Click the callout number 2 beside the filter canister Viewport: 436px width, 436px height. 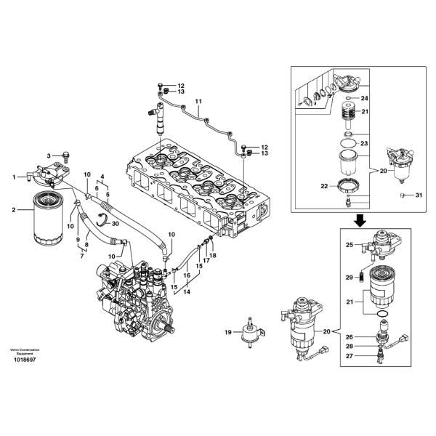pyautogui.click(x=13, y=210)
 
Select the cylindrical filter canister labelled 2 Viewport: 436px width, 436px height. pyautogui.click(x=52, y=215)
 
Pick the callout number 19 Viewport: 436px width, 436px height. pyautogui.click(x=227, y=332)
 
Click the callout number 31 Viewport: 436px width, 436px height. pyautogui.click(x=419, y=195)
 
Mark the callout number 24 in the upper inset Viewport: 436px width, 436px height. pyautogui.click(x=366, y=98)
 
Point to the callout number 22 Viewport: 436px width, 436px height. pyautogui.click(x=325, y=186)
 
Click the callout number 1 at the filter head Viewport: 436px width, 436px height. pyautogui.click(x=13, y=177)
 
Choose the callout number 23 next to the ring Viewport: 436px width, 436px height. pyautogui.click(x=366, y=144)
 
